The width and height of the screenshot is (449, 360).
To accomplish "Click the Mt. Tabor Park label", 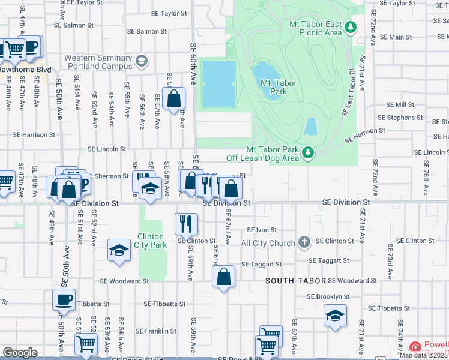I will point(279,87).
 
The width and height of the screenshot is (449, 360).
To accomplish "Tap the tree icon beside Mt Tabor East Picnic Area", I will point(352,27).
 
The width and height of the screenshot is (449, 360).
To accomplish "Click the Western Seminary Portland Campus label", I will point(98,62).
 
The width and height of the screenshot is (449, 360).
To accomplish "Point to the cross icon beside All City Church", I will point(304,242).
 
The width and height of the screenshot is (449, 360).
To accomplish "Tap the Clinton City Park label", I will point(151,241).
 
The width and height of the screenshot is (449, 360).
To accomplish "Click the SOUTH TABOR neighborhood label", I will point(297,281).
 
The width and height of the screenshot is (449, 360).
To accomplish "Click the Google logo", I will point(20,352).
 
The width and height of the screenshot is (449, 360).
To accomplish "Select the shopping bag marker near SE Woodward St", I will point(223,277).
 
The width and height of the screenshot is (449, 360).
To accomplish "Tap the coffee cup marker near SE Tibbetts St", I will point(64,299).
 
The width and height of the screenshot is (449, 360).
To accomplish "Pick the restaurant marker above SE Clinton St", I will point(186,224).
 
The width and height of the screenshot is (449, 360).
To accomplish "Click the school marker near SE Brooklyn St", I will point(335,315).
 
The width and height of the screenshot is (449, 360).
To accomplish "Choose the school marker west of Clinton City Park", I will point(119,250).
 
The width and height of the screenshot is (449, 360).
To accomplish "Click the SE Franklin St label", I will point(155,331).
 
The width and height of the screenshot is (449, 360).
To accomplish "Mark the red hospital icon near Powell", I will point(415,347).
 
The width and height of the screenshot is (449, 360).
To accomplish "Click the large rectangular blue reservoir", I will point(218,84).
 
